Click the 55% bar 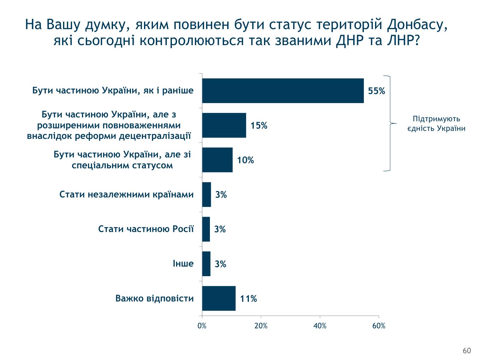coord(283,91)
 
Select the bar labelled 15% coord(224,125)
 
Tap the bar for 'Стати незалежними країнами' coord(206,194)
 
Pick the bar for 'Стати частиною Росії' coord(206,229)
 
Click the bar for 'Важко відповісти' coord(219,298)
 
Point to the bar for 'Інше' coord(206,264)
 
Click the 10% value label coord(245,160)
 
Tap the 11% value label coord(249,299)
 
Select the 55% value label coord(377,91)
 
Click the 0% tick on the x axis coord(202,326)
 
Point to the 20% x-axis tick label coord(261,326)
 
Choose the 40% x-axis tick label coord(320,326)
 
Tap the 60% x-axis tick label coord(379,326)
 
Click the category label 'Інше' coord(183,264)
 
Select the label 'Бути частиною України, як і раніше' coord(113,91)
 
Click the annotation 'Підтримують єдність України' coord(436,124)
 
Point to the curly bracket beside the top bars coord(389,124)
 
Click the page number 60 coord(467,351)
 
